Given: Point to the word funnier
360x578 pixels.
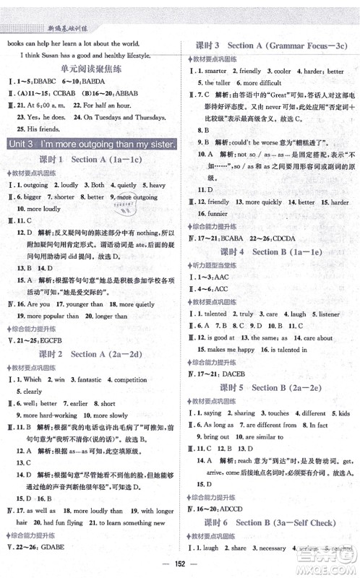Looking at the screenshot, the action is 217,214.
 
